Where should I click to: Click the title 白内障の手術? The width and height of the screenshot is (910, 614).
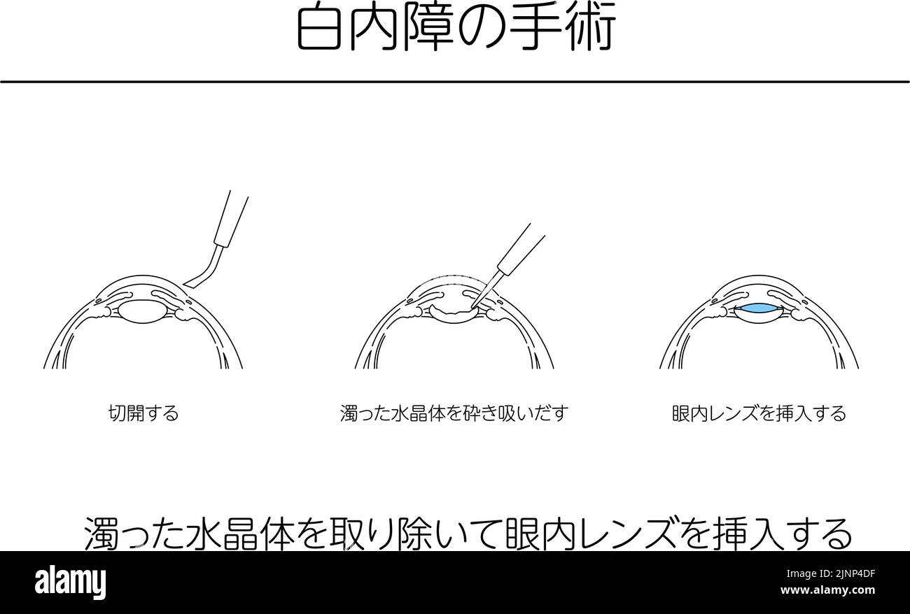(x=456, y=29)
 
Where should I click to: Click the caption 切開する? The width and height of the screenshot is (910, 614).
(x=143, y=413)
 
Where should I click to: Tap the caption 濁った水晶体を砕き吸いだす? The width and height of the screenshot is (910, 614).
(x=454, y=413)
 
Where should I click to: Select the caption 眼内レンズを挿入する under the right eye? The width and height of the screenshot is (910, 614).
(x=759, y=413)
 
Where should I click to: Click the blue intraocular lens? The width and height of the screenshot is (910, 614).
(x=759, y=308)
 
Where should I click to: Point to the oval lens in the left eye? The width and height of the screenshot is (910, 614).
(x=143, y=310)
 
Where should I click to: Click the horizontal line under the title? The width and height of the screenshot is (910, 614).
(x=454, y=82)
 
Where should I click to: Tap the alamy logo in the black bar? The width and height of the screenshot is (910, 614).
(x=71, y=582)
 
